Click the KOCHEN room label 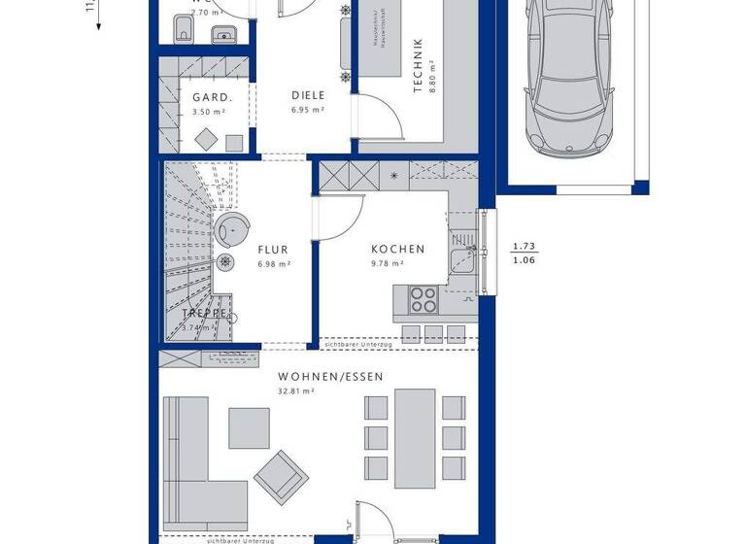(x=397, y=249)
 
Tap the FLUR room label (x=274, y=249)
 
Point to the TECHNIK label (x=418, y=65)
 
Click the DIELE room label (x=308, y=95)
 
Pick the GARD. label (x=211, y=97)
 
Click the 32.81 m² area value (x=296, y=391)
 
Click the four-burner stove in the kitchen (x=424, y=299)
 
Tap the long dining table (x=415, y=433)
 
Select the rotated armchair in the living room (x=281, y=475)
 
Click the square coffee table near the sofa (x=250, y=427)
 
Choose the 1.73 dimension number (x=525, y=247)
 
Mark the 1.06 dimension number (x=525, y=260)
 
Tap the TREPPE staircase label (x=207, y=314)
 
